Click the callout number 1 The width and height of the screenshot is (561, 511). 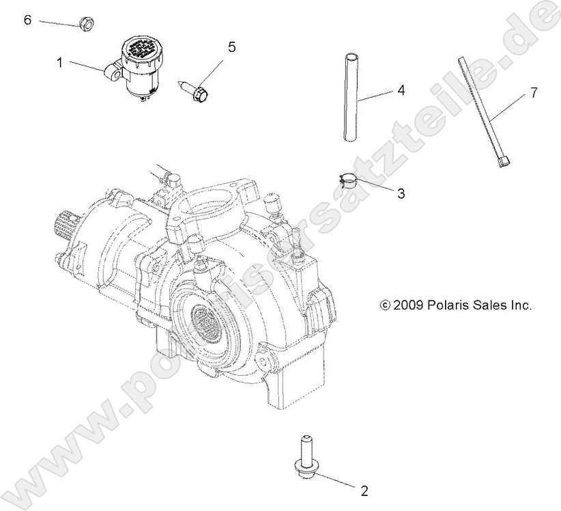[x=60, y=62]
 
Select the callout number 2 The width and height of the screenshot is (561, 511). [x=364, y=490]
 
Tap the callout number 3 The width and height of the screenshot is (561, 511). [x=401, y=194]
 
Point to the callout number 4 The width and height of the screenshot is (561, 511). [x=401, y=90]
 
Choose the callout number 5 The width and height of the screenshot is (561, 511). [x=231, y=46]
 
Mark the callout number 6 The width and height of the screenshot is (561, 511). [x=27, y=20]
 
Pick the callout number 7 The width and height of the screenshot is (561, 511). [x=533, y=93]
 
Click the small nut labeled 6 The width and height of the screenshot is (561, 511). [x=87, y=25]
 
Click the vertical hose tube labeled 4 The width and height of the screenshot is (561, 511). [x=350, y=96]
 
